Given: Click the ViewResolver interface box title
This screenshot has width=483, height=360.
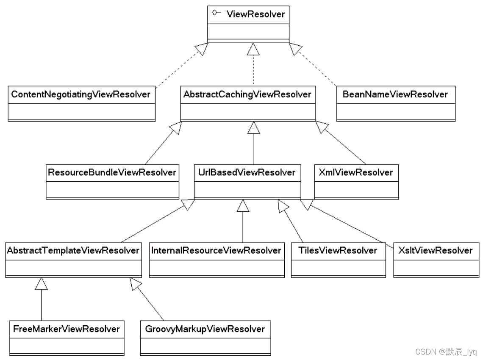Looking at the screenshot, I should [255, 14].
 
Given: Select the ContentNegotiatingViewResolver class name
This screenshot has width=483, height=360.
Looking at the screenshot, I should [81, 94].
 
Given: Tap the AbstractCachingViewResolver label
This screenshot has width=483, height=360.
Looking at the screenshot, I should [247, 94].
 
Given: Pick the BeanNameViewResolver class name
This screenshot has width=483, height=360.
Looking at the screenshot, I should [395, 94].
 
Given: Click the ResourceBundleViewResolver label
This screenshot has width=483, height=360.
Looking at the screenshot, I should [112, 173].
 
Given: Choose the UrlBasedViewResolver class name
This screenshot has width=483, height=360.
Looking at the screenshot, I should [247, 173].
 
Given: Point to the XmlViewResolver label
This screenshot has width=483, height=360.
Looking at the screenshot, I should [356, 173].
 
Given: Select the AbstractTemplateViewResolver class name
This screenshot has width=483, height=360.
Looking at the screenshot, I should [73, 251].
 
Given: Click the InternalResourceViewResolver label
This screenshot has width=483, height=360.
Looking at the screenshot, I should [216, 251].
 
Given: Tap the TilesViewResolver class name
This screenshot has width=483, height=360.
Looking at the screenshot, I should [338, 251].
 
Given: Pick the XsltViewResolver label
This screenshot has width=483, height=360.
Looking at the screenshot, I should [436, 251].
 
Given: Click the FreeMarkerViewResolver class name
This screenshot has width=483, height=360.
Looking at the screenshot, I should [67, 329].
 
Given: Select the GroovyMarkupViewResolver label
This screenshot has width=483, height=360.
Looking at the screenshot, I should [205, 329].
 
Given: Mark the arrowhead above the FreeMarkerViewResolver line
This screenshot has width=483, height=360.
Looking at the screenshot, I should [41, 284].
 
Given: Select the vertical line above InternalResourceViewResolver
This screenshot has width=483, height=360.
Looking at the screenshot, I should [243, 227].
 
